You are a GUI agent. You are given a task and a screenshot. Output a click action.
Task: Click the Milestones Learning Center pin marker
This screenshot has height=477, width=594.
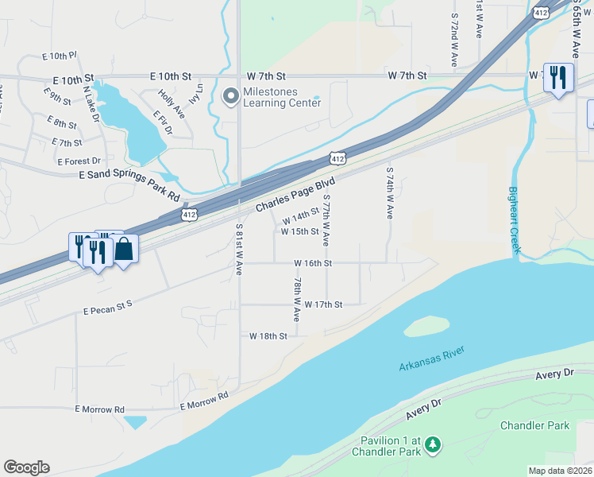[x=231, y=97]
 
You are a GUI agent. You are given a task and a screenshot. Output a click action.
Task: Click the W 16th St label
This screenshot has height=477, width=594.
[x=313, y=262]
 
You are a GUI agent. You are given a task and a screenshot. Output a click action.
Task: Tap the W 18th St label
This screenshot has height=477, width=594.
[x=268, y=336]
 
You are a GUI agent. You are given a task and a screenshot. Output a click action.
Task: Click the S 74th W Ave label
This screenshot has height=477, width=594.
[x=389, y=192]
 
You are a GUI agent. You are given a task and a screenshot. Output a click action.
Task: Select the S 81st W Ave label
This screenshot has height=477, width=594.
[x=238, y=249]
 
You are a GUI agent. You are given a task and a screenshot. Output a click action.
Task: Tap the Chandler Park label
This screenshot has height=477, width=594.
[x=534, y=425]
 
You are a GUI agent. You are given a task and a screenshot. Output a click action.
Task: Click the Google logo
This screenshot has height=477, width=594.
[x=26, y=467]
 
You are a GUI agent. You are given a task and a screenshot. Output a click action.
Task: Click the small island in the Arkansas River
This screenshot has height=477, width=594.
[x=426, y=326]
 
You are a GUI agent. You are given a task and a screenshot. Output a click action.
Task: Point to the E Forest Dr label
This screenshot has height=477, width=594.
[x=79, y=161]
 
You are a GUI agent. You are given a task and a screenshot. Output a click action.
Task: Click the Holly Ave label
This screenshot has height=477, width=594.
[x=171, y=103]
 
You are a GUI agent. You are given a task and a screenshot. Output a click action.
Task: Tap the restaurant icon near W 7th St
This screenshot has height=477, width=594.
[x=558, y=78]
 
